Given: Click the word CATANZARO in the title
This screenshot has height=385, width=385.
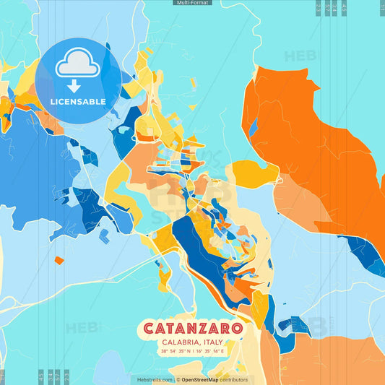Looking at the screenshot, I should [192, 328].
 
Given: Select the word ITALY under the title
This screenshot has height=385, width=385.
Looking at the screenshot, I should [212, 342].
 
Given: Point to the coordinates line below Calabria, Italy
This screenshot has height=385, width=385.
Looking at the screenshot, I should [193, 352].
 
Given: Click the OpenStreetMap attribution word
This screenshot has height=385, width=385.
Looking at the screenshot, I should [201, 379].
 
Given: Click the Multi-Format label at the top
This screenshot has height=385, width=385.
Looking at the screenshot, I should [192, 3].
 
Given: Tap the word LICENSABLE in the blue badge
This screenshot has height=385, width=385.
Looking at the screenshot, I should [77, 102].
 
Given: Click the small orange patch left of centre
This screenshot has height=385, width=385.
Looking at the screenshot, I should [59, 260].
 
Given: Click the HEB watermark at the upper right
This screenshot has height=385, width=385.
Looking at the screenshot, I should [300, 56].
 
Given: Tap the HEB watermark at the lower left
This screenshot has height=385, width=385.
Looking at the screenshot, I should [82, 327].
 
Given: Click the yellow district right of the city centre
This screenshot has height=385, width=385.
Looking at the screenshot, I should [254, 173].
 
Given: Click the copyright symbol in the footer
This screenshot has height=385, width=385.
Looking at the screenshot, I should [177, 379].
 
